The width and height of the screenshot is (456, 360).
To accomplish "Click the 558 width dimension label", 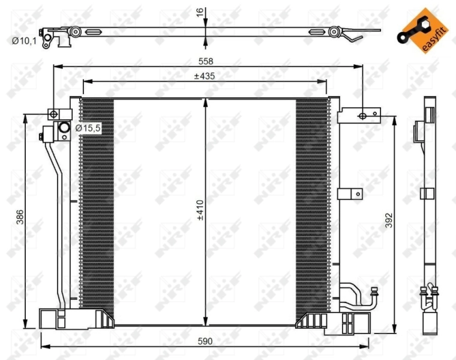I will point(206,61).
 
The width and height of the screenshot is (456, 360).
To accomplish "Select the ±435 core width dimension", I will point(205,76).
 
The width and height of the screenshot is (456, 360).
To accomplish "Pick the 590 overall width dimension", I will point(206,341).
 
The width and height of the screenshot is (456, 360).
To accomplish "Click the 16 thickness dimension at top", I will point(200,11).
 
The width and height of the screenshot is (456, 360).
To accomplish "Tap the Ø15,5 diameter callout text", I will point(88,128).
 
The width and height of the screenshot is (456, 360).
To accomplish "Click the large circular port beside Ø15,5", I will point(63,128).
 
